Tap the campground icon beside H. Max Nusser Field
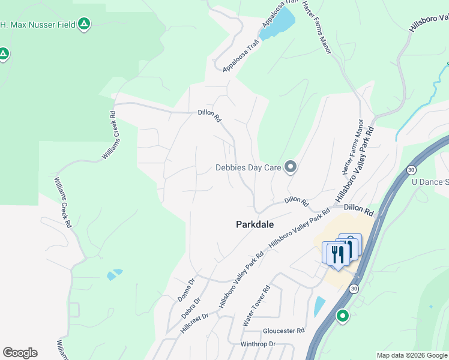point(85,24)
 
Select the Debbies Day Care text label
point(249,168)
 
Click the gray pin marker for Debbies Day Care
point(291,167)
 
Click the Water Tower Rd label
point(257,306)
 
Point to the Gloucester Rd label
point(284,331)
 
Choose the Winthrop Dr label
point(258,344)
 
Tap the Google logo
point(20,353)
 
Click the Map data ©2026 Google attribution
point(412,355)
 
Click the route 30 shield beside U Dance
point(411,170)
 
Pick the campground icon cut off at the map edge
point(4,55)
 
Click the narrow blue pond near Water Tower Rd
point(319,307)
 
